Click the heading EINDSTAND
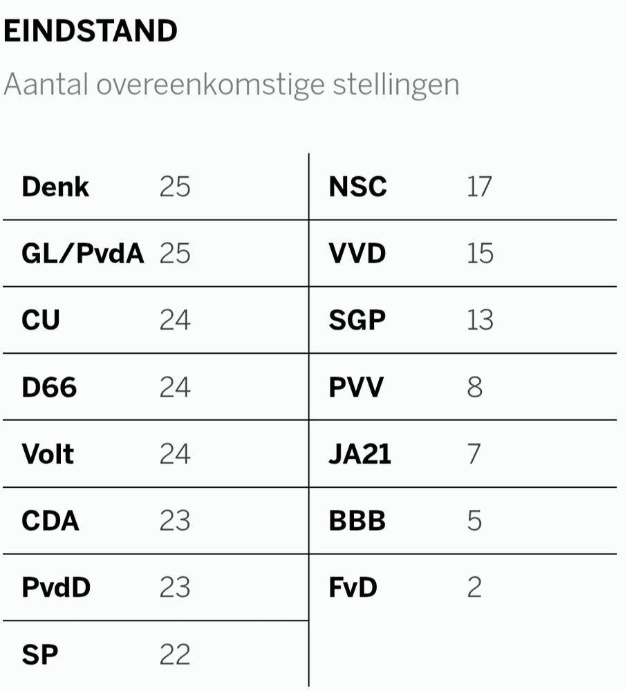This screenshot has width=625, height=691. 91,32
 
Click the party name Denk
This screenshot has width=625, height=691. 55,187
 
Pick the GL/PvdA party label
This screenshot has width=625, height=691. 83,254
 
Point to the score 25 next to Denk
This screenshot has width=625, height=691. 174,187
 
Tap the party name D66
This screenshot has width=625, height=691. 49,387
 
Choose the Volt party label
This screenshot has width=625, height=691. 48,454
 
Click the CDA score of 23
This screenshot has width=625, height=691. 174,521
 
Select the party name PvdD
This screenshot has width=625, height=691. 56,588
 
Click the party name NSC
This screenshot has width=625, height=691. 357,187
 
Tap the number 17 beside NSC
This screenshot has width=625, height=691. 478,187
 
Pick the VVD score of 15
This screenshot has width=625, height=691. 480,254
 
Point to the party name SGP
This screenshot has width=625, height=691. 357,321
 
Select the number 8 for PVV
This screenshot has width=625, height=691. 474,387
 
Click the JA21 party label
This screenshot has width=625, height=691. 360,454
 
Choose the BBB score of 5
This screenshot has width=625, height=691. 474,521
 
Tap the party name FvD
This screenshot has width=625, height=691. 353,588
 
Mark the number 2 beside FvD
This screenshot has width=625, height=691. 474,588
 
